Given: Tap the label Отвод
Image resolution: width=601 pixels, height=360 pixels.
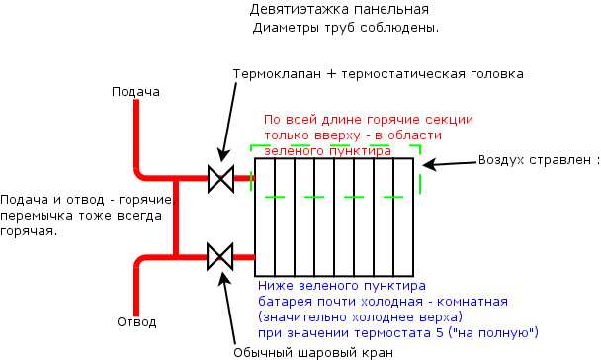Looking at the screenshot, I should [x=136, y=321].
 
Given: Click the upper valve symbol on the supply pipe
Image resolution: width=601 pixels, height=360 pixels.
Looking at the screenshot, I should [x=219, y=179].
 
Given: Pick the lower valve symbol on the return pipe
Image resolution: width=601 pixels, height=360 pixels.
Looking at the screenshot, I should [x=219, y=259].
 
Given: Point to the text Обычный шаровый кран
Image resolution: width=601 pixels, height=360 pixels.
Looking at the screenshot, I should [x=313, y=352].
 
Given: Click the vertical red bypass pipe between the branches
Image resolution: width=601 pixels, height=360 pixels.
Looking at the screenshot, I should [x=176, y=219].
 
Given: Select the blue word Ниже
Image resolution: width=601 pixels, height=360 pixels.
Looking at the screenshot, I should [x=273, y=285].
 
